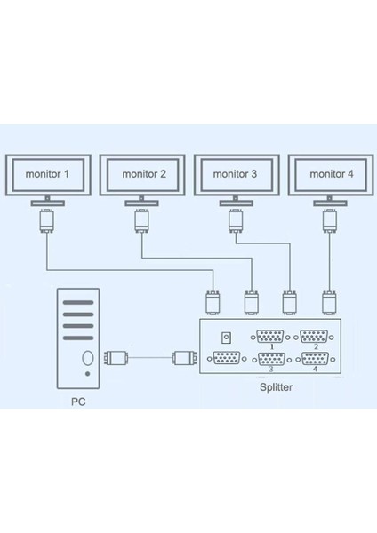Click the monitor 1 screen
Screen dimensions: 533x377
click(x=47, y=175)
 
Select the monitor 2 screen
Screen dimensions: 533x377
click(x=143, y=175)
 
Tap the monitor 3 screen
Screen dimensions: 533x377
click(x=237, y=175)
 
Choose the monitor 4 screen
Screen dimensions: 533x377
click(x=330, y=175)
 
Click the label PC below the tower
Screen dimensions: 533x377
click(x=79, y=401)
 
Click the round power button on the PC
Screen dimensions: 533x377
click(x=87, y=359)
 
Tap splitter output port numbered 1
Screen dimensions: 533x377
click(x=270, y=338)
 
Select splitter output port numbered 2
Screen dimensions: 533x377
click(x=314, y=338)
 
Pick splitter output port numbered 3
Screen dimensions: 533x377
click(x=270, y=360)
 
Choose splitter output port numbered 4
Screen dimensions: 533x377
click(x=314, y=360)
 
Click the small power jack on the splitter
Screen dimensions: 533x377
click(x=226, y=338)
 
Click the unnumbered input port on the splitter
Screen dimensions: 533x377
click(x=227, y=360)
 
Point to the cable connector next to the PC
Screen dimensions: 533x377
click(x=117, y=359)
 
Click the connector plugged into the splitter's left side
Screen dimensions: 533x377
click(x=183, y=359)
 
